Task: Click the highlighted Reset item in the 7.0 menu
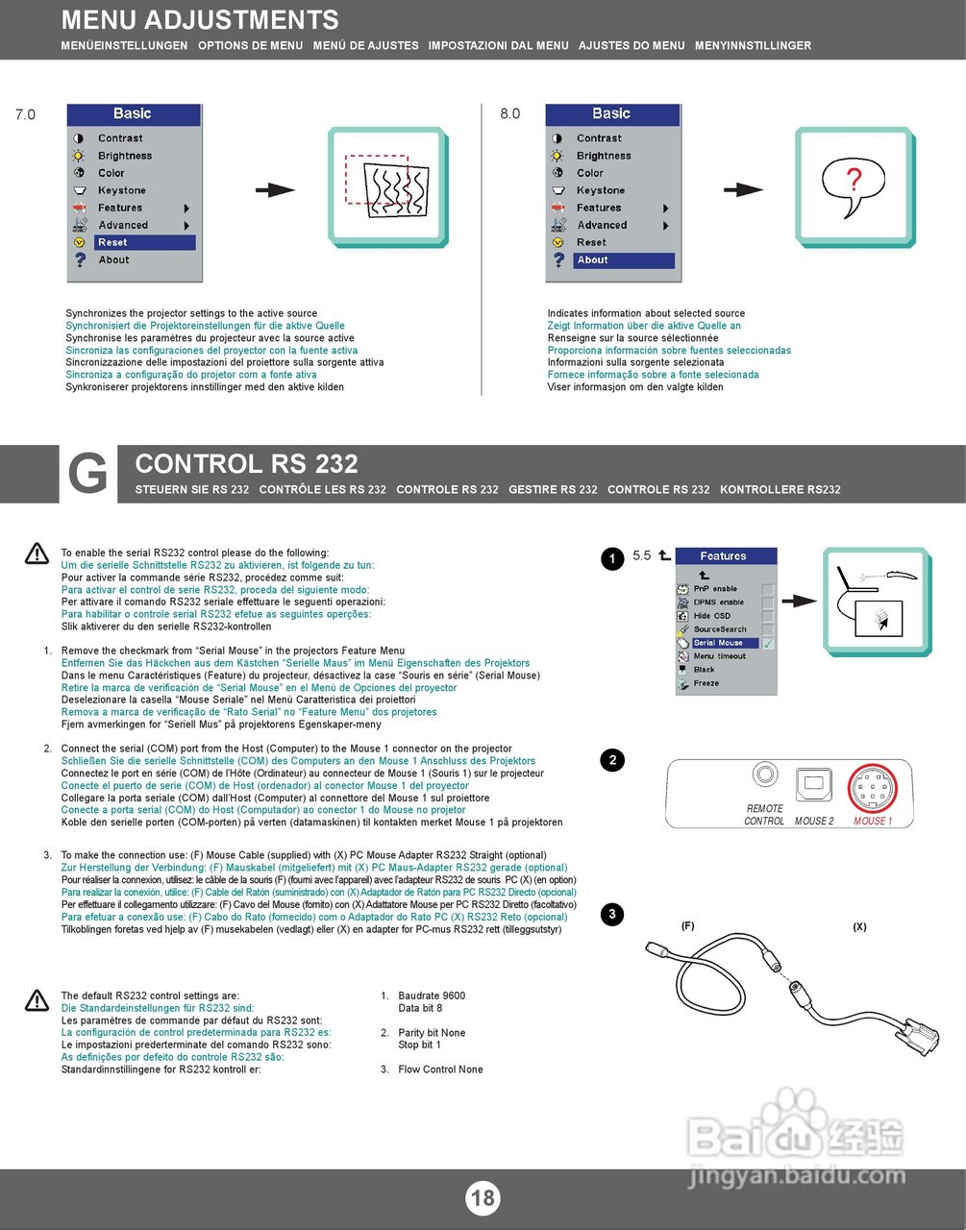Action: (144, 243)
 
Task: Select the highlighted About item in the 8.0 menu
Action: (623, 260)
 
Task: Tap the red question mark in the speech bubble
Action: (853, 179)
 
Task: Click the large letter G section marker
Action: (87, 475)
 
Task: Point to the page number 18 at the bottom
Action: (483, 1197)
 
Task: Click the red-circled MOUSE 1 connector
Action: (873, 789)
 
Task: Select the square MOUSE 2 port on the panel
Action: (815, 783)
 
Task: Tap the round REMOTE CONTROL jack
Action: (765, 774)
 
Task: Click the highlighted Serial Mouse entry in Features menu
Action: (724, 643)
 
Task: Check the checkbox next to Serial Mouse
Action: (768, 643)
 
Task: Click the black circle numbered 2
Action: (612, 760)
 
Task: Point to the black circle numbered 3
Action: (612, 914)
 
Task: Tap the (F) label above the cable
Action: (687, 926)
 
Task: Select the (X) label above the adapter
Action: (859, 926)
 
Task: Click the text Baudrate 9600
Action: (432, 996)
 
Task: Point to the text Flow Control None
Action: (440, 1070)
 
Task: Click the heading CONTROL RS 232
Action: (246, 464)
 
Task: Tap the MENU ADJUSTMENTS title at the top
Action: (200, 20)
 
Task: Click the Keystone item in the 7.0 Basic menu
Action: (122, 191)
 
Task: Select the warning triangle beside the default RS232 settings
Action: (37, 1000)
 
